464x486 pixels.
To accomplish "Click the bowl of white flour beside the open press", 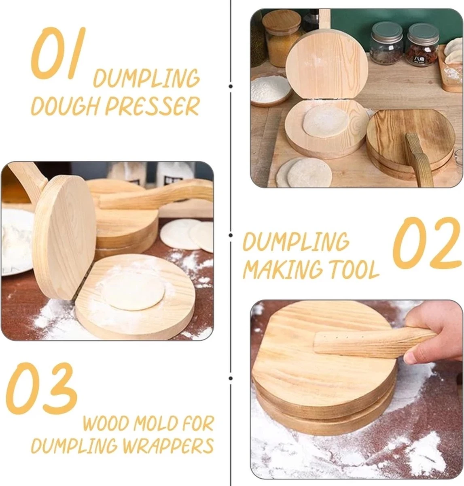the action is click(x=271, y=90).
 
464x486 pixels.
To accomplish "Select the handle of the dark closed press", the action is click(x=418, y=160).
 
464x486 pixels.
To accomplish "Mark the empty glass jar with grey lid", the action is click(x=386, y=43).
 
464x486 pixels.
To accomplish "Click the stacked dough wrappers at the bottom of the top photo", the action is click(x=303, y=173).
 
